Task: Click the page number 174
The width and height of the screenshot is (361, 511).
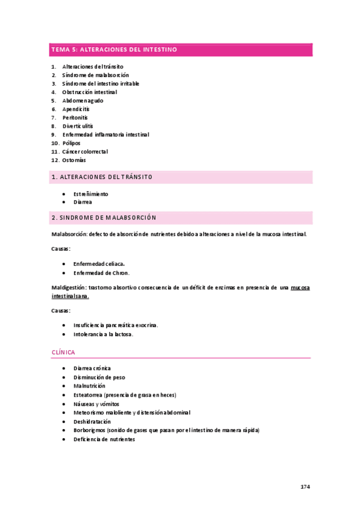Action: tap(304, 486)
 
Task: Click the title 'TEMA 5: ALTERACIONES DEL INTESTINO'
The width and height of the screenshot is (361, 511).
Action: tap(114, 50)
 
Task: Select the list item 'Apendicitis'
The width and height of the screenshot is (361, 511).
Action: tap(75, 109)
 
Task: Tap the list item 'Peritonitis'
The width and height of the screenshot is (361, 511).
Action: tap(75, 118)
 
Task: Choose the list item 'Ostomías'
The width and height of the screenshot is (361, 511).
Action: tap(74, 160)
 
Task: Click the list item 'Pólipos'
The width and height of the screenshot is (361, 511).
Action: tap(71, 143)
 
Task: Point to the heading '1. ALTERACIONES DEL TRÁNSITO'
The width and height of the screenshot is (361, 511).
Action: tap(102, 177)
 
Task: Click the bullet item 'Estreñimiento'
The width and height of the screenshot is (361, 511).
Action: tap(90, 194)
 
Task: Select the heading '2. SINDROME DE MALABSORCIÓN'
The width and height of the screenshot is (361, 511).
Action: tap(104, 217)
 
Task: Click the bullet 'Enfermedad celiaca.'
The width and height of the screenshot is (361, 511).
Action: tap(99, 264)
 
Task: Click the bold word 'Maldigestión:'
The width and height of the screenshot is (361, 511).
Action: tap(69, 289)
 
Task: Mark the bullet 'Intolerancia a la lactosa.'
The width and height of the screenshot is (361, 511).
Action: tap(103, 334)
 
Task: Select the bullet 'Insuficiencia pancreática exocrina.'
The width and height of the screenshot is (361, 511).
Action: tap(115, 325)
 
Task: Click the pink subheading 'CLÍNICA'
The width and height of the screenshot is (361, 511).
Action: tap(63, 352)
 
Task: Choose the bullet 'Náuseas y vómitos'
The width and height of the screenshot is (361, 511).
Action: tap(96, 404)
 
